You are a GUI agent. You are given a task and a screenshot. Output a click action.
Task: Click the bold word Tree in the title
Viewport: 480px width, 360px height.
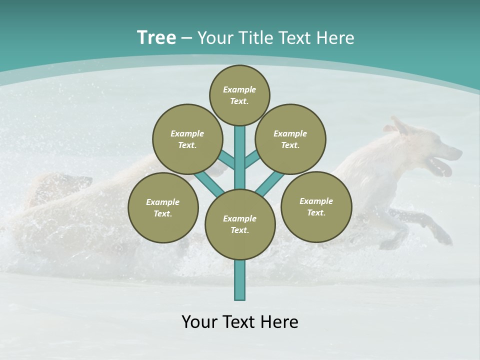tap(156, 37)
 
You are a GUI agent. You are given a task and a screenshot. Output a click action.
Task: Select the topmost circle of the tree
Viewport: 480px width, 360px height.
tap(239, 95)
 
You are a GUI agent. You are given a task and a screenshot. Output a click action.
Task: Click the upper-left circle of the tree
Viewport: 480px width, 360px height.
tap(187, 139)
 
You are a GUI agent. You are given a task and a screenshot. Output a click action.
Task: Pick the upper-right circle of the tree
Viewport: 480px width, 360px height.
tap(290, 139)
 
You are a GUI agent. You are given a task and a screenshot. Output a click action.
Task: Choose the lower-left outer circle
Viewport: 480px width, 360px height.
tap(163, 207)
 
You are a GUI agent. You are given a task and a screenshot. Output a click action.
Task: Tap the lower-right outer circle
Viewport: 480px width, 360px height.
tap(316, 206)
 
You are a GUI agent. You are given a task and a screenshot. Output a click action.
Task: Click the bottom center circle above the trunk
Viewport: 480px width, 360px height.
tap(240, 224)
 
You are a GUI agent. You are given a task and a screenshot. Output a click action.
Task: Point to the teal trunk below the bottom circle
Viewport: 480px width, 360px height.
tap(240, 280)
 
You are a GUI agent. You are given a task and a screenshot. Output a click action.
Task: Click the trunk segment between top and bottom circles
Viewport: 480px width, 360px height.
tap(240, 157)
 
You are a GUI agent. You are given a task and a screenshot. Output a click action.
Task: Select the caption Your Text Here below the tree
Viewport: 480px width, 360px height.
tap(240, 322)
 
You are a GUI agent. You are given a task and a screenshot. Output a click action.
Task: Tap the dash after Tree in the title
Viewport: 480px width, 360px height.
tap(186, 38)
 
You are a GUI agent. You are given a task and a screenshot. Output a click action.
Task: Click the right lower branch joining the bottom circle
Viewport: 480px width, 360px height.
tap(270, 183)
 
